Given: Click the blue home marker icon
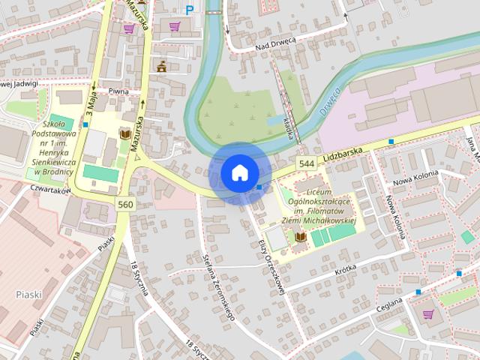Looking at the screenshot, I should [239, 173].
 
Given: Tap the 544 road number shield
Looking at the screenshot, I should [305, 163].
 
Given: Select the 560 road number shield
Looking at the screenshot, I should [125, 204].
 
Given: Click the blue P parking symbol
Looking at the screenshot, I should [189, 10].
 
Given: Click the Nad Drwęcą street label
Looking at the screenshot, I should [276, 43].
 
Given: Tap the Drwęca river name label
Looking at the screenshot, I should [329, 99].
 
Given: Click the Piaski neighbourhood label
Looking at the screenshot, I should [28, 295].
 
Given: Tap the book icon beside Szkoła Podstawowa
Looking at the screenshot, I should [126, 133].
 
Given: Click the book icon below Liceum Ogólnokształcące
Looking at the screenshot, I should [301, 237].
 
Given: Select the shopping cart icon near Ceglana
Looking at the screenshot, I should [428, 314].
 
